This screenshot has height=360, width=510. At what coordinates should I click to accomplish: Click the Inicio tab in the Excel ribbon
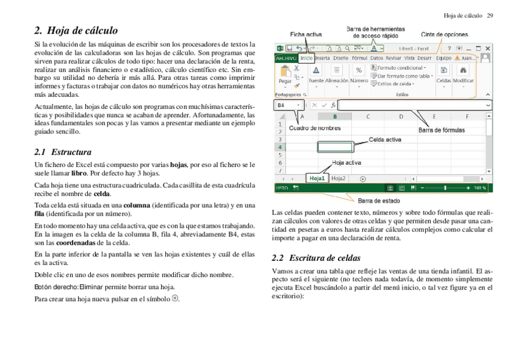coord(307,58)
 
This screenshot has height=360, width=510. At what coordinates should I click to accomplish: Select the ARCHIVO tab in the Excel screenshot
coord(286,58)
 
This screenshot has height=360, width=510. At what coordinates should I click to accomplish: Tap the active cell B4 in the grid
coord(335,147)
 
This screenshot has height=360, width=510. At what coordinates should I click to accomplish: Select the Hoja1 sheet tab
coord(317,178)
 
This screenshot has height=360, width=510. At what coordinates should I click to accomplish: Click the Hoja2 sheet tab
coord(339,178)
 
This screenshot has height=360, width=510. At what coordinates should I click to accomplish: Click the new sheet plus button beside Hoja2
coord(363,178)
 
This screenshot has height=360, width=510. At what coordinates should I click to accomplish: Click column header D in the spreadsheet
coord(401,116)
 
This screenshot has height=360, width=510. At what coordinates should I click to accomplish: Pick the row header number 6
coord(280,162)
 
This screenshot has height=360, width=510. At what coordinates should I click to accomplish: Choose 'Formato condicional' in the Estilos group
coord(400,68)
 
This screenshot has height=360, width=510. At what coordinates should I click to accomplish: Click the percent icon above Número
coord(359,70)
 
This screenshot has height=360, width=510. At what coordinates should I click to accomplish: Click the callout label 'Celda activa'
coord(385,139)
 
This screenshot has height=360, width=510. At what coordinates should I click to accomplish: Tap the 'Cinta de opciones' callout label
coord(444,35)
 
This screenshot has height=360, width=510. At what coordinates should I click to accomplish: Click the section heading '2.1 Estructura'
coord(63,152)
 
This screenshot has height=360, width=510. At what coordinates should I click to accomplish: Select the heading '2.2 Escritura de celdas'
coord(316,258)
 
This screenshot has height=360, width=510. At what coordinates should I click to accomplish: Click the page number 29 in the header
coord(490,15)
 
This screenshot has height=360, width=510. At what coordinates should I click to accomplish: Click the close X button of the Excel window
coord(488,48)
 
